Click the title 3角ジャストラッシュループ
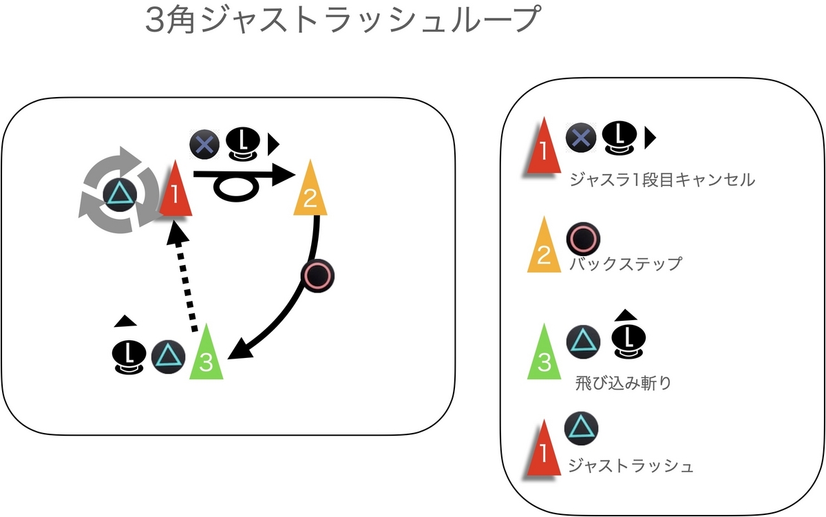(x=343, y=19)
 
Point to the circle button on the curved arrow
(x=318, y=276)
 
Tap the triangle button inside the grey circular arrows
(x=119, y=194)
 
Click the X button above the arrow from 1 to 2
(x=204, y=144)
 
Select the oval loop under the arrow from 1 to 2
(x=236, y=188)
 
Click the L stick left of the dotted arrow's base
(x=128, y=357)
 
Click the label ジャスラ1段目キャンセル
(x=662, y=180)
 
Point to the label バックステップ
(x=626, y=264)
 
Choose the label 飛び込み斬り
(x=623, y=383)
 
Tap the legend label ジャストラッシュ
(x=631, y=465)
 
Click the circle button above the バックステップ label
(x=583, y=239)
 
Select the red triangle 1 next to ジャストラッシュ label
(x=544, y=447)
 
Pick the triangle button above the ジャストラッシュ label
(x=581, y=428)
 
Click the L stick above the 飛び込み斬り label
(x=628, y=341)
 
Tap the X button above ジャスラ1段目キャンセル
(x=581, y=138)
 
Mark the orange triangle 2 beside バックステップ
(x=544, y=244)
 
